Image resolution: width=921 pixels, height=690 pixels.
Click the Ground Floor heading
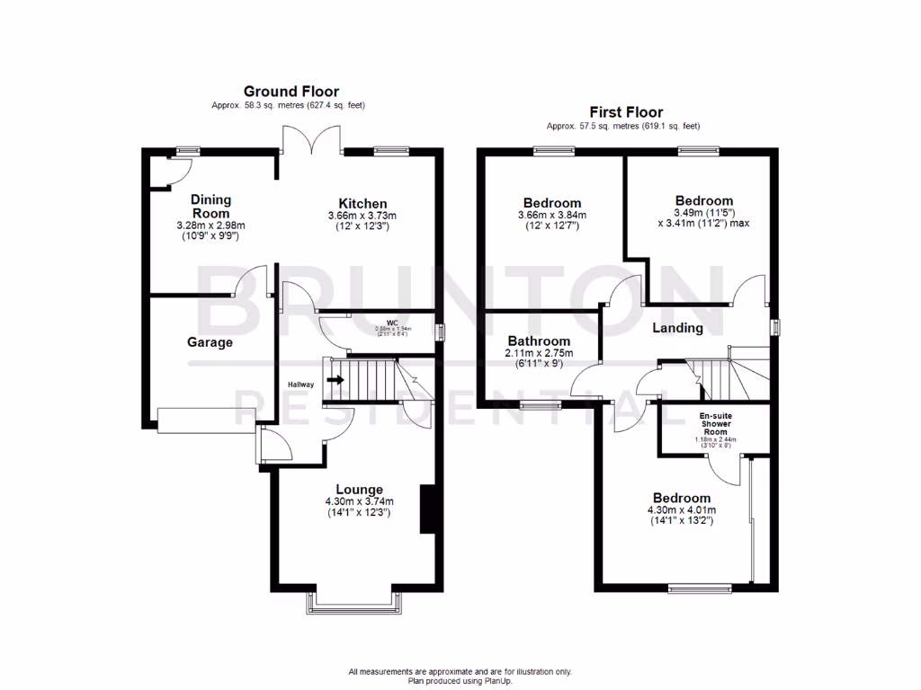tap(291, 91)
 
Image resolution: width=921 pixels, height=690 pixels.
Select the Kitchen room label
tap(362, 203)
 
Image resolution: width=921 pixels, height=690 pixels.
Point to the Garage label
tap(210, 342)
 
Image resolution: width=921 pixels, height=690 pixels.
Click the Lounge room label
tap(360, 490)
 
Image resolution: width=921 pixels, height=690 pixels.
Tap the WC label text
tap(392, 322)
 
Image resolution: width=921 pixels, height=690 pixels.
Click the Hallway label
tap(300, 385)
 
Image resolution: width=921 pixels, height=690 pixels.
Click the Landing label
tap(677, 328)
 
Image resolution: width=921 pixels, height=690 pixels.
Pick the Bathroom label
tap(539, 341)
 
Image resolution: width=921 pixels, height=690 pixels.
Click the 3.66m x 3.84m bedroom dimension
tap(551, 216)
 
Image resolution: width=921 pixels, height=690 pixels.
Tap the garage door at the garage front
tap(206, 420)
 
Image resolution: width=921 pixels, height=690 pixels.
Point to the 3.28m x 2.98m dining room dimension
tap(210, 226)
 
